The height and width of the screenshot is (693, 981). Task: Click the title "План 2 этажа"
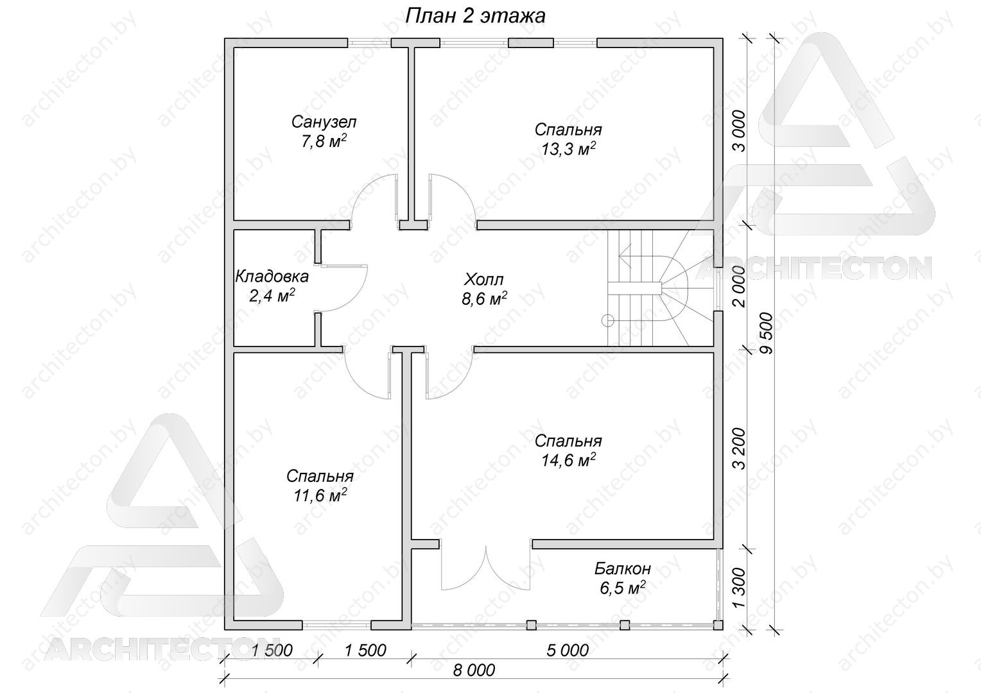(475, 16)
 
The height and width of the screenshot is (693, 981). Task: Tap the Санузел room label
(324, 122)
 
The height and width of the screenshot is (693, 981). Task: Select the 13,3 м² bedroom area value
(568, 149)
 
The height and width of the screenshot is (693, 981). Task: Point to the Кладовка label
(272, 277)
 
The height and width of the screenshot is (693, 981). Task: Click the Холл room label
(484, 279)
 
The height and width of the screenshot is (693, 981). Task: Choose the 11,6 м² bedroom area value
(320, 495)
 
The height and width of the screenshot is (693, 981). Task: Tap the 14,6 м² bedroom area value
(568, 460)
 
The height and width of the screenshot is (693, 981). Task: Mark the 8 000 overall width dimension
(474, 671)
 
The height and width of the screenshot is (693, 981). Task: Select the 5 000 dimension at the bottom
(568, 651)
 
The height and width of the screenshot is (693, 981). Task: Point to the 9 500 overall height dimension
(767, 333)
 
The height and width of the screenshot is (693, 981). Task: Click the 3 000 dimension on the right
(739, 131)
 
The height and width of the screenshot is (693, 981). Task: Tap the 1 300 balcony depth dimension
(739, 588)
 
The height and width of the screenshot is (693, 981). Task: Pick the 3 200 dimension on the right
(739, 448)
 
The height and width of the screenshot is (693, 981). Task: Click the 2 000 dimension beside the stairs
(739, 286)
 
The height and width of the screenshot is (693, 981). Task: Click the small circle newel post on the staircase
(608, 321)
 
